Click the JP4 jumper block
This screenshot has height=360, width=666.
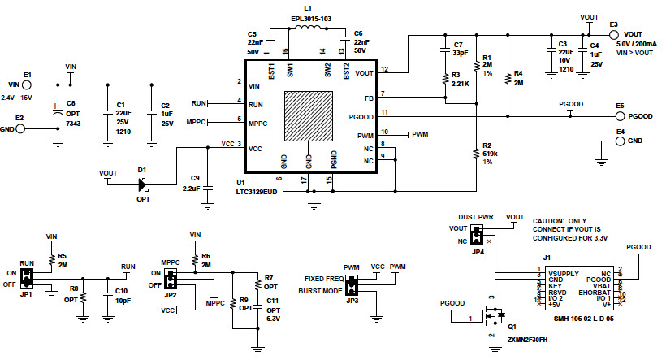478,236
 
